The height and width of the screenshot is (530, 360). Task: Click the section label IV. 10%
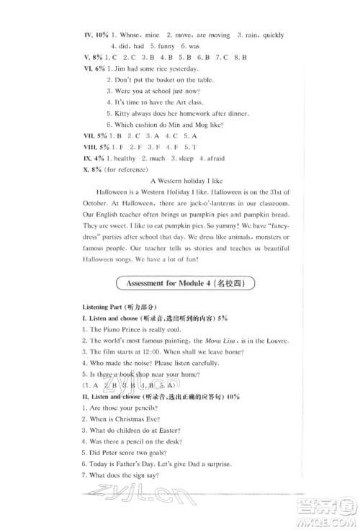(x=96, y=35)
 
